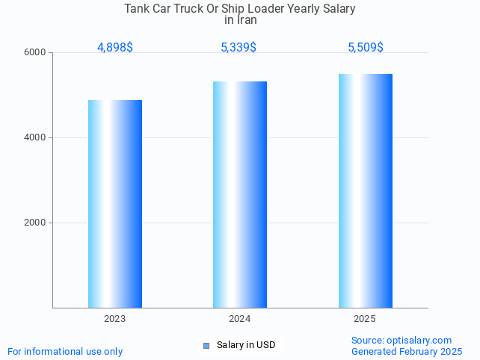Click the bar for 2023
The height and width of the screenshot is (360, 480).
(x=115, y=204)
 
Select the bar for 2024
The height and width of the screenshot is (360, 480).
(x=240, y=194)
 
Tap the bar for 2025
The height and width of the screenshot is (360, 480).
(x=365, y=190)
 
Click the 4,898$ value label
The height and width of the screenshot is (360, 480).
(x=115, y=48)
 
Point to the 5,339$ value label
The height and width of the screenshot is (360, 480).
(x=239, y=48)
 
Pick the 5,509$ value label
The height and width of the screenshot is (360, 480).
(x=366, y=48)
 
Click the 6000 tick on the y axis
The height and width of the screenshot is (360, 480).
(x=36, y=53)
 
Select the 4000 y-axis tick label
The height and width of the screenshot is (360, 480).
(x=36, y=138)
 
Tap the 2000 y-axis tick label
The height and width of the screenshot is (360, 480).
(x=36, y=223)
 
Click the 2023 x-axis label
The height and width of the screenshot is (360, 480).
(x=115, y=319)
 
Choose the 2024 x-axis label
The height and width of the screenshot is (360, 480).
(x=240, y=319)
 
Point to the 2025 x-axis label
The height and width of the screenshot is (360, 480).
(x=365, y=319)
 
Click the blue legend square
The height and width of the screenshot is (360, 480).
(x=207, y=345)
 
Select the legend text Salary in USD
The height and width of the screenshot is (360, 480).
(x=246, y=345)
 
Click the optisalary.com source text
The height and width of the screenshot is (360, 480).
(x=401, y=340)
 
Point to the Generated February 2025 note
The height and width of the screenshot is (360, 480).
(x=407, y=351)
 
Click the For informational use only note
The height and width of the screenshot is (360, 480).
(x=65, y=351)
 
